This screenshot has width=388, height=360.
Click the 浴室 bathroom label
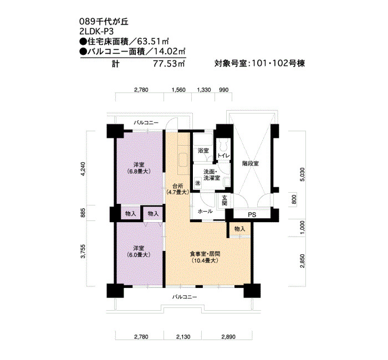pyautogui.click(x=203, y=151)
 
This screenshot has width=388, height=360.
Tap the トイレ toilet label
pyautogui.click(x=224, y=156)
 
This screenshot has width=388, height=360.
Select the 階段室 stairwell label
pyautogui.click(x=251, y=163)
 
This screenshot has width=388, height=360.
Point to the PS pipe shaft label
pyautogui.click(x=252, y=215)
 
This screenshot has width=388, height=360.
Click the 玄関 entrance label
pyautogui.click(x=224, y=200)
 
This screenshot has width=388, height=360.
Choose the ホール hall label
pyautogui.click(x=206, y=212)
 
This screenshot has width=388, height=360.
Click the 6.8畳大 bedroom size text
pyautogui.click(x=139, y=171)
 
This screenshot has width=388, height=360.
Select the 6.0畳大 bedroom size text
pyautogui.click(x=139, y=255)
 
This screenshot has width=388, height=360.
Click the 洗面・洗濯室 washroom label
pyautogui.click(x=212, y=174)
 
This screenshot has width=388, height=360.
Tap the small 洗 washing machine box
pyautogui.click(x=198, y=183)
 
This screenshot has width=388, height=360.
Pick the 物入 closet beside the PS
pyautogui.click(x=239, y=229)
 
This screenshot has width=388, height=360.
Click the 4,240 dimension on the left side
pyautogui.click(x=83, y=169)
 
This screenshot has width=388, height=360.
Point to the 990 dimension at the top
pyautogui.click(x=223, y=90)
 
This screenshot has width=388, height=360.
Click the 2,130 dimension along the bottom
pyautogui.click(x=183, y=337)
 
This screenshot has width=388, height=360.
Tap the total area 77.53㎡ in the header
pyautogui.click(x=169, y=64)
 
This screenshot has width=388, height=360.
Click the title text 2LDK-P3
pyautogui.click(x=96, y=32)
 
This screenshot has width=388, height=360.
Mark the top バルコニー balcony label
pyautogui.click(x=146, y=122)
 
